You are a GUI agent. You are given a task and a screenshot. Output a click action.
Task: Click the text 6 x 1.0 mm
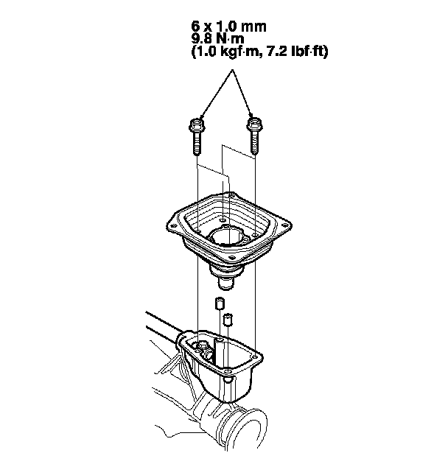coord(228,27)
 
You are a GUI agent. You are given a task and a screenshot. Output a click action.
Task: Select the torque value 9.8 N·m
coord(218,39)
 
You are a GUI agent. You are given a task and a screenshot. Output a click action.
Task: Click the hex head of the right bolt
coord(254,124)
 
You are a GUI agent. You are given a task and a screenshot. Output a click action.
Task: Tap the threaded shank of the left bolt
coord(196,143)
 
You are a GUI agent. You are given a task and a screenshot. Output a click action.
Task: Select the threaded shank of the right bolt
coord(254,143)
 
